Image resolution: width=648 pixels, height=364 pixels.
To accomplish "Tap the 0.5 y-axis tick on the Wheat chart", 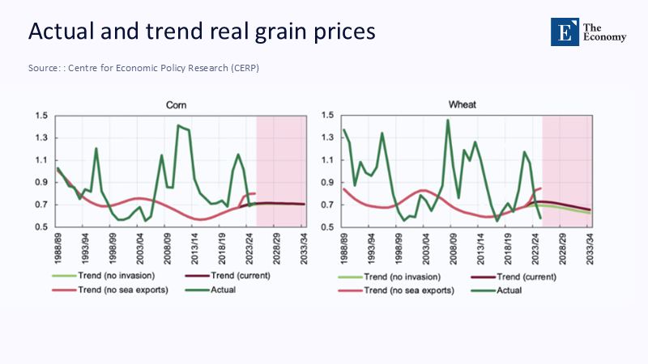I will pyautogui.click(x=328, y=227).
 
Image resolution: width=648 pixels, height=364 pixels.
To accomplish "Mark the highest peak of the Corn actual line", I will pyautogui.click(x=178, y=125).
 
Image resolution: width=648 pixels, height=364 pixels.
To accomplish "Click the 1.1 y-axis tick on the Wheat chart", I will pyautogui.click(x=328, y=160).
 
